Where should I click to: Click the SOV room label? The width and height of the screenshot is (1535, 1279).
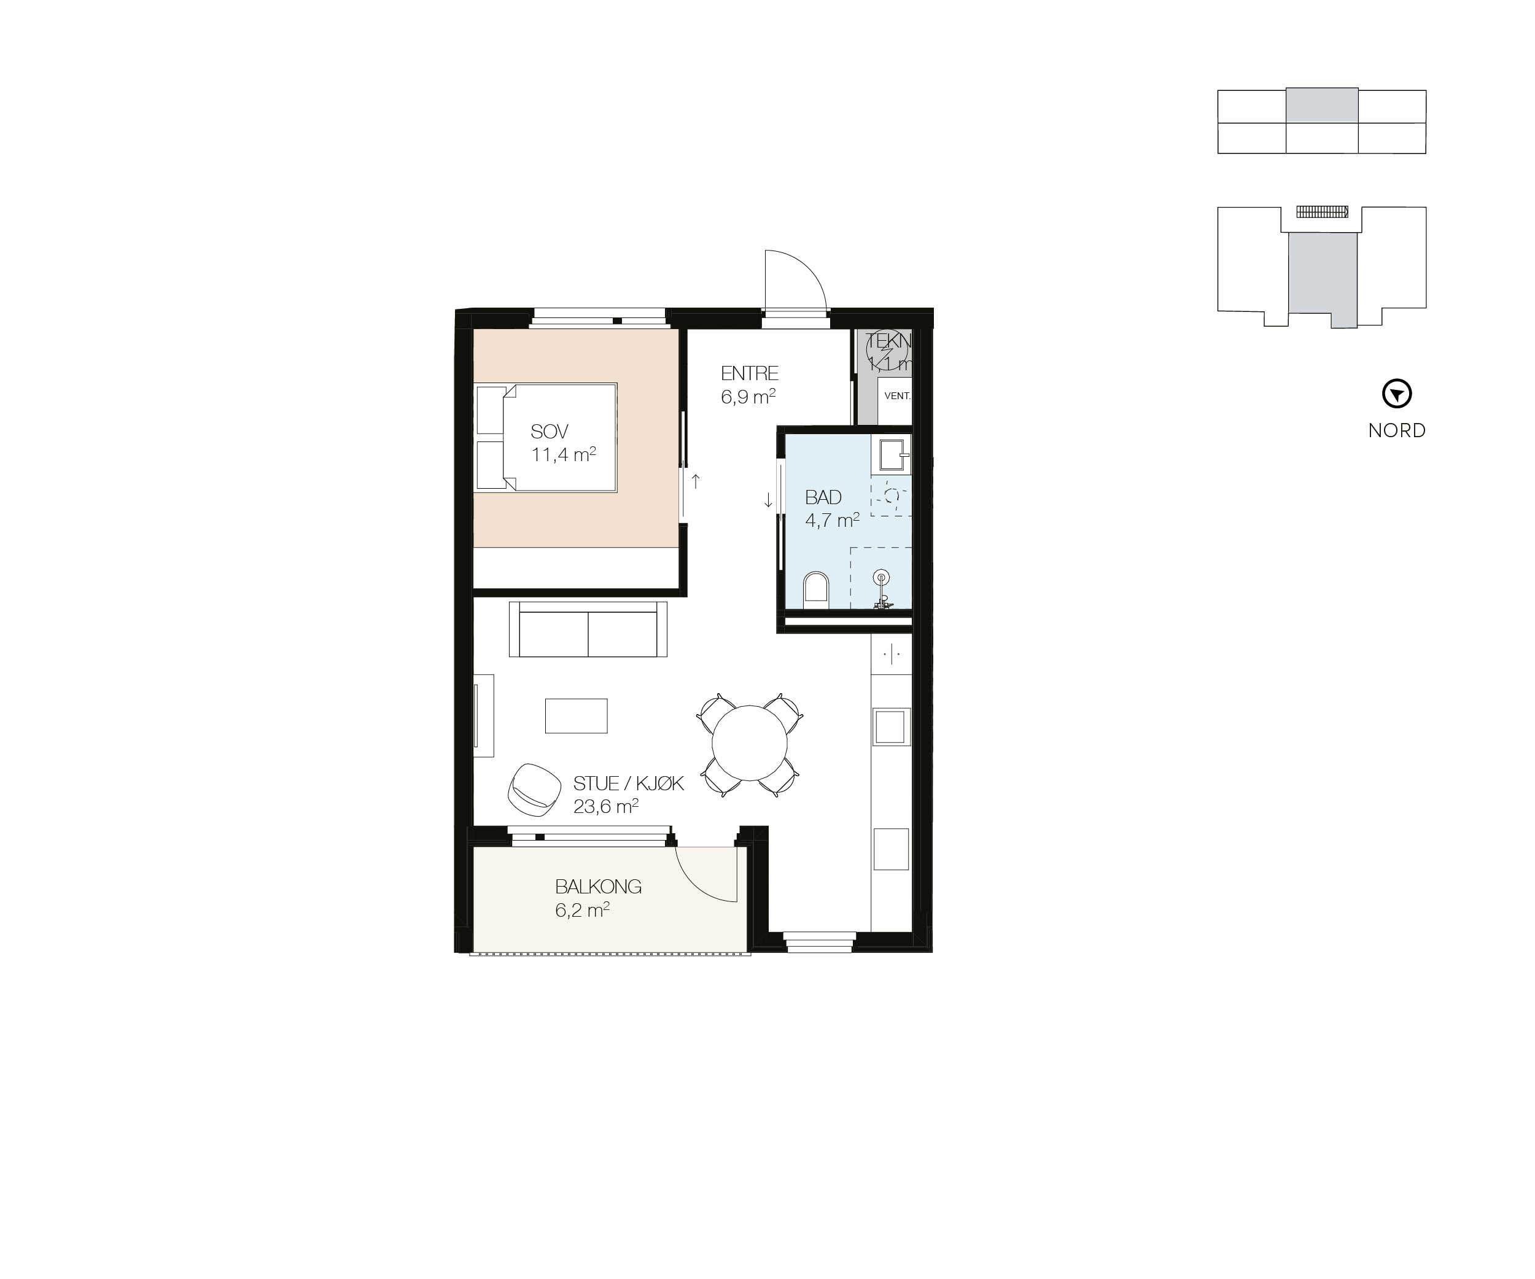[550, 431]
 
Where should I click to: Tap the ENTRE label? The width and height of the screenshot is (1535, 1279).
[749, 373]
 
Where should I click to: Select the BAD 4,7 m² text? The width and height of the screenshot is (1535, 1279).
[831, 508]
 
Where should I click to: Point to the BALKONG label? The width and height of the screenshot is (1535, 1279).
[598, 887]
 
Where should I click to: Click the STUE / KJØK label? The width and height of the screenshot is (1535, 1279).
[628, 783]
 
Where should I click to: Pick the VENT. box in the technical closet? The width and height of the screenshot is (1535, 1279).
[896, 396]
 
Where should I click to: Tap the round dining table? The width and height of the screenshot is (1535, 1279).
[749, 742]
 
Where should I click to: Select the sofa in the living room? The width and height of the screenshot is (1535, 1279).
[588, 629]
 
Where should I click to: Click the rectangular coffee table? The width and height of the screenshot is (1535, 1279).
[576, 715]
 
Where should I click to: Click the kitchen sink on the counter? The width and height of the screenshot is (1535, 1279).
[890, 726]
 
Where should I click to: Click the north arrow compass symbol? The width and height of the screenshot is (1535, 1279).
[1396, 394]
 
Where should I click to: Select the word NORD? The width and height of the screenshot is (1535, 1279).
[1396, 430]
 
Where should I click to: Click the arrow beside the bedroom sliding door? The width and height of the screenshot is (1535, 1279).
[696, 481]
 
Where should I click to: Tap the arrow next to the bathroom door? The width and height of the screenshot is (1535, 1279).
[768, 500]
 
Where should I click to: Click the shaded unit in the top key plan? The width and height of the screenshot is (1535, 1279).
[1321, 105]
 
